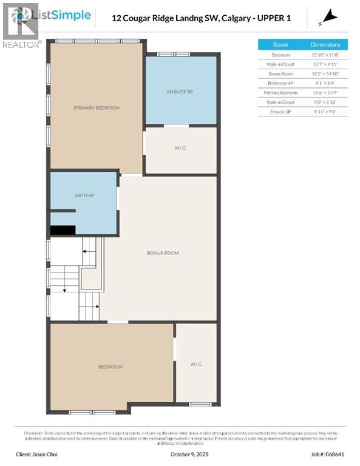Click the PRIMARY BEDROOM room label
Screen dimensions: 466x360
pos(97,107)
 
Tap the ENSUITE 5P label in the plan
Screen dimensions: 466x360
pos(180,91)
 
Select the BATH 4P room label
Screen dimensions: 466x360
pos(84,195)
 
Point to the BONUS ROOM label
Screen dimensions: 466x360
pos(162,252)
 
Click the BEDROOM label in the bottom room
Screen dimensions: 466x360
pos(110,366)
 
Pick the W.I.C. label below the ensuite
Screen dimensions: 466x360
pos(180,149)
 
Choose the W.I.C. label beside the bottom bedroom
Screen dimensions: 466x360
pos(195,364)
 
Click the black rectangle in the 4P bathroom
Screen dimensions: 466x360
pos(62,230)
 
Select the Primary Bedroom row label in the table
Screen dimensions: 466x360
pos(280,92)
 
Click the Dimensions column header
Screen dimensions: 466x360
pos(329,44)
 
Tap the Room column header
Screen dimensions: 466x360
pos(280,44)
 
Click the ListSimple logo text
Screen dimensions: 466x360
pos(64,15)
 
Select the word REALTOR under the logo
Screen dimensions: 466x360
pos(21,44)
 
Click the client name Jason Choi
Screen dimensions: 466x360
pos(38,453)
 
